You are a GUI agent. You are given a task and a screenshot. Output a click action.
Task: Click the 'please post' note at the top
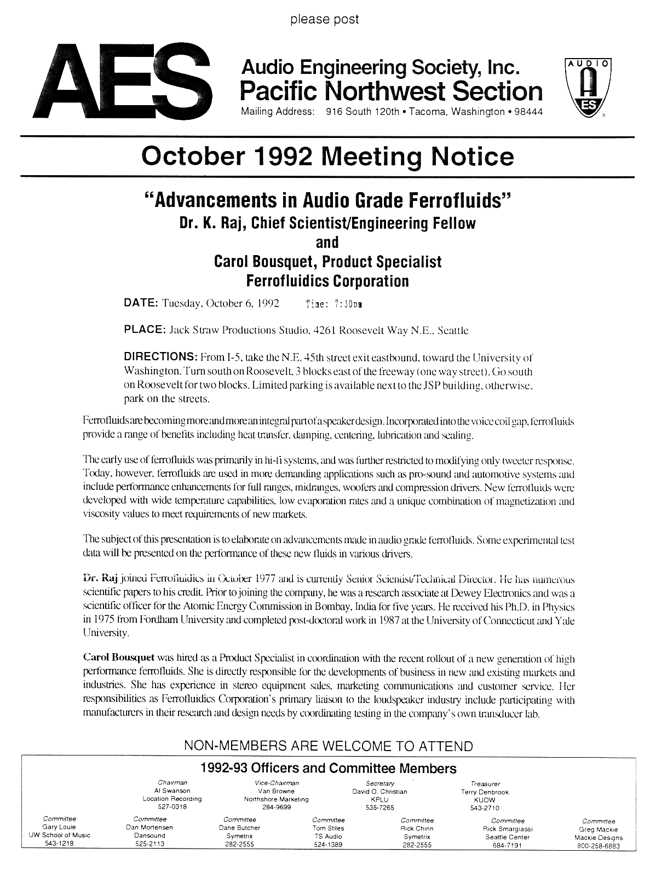coord(324,20)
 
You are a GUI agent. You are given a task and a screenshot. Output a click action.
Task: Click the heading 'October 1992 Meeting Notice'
coord(327,157)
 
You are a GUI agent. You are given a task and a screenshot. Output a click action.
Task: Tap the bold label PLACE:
coord(145,330)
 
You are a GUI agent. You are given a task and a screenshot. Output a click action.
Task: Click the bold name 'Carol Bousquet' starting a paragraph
coord(118,657)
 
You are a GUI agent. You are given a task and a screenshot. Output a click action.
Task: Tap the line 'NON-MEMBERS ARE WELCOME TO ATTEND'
coord(328,746)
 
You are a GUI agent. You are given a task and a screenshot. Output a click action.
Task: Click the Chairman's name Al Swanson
coord(172,791)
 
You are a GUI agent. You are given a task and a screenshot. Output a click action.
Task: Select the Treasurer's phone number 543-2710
coord(485,807)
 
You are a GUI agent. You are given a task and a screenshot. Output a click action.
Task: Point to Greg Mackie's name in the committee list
coord(598,829)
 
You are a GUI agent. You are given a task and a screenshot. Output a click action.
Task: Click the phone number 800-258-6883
coord(599,845)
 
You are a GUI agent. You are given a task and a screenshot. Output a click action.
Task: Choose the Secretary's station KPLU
coord(379,799)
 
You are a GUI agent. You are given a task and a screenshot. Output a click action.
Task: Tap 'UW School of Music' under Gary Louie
coord(59,835)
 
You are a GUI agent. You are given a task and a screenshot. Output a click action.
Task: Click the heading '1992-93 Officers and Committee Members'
coord(329,768)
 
